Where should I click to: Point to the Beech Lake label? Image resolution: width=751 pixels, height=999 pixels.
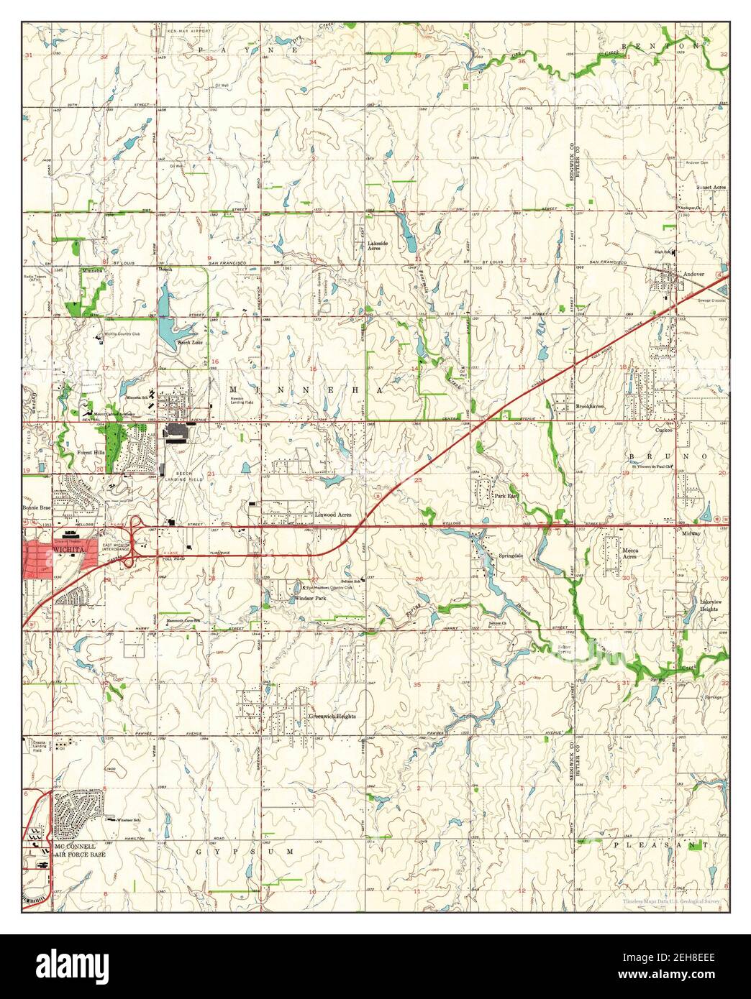[x=189, y=343]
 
